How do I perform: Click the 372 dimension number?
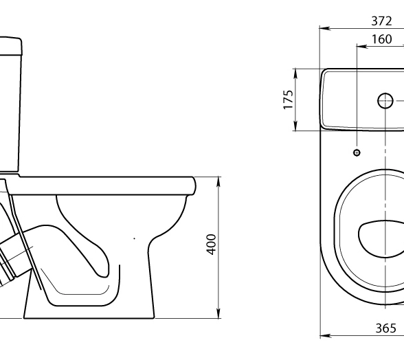tap(381, 21)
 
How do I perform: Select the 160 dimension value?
tap(381, 39)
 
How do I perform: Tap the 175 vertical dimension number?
tap(289, 100)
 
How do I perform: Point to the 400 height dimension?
tap(212, 245)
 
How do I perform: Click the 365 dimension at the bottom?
tap(385, 328)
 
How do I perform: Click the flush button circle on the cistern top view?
tap(385, 100)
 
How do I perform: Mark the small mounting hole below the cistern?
tap(357, 153)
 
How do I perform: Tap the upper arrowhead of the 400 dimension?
tap(218, 182)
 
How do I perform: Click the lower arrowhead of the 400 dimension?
tap(218, 313)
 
